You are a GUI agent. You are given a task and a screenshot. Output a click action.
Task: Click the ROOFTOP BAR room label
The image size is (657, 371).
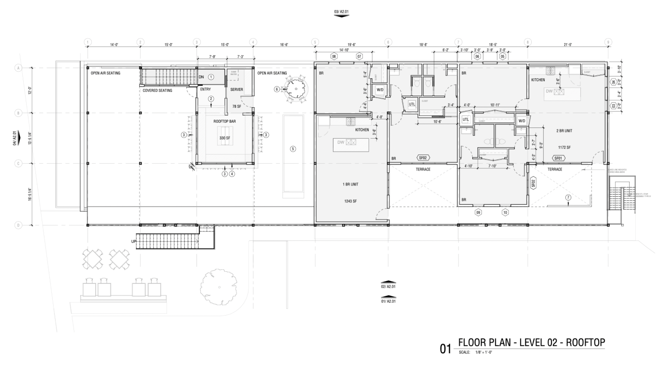point(224,122)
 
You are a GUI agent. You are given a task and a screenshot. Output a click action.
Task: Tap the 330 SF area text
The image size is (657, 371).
point(224,138)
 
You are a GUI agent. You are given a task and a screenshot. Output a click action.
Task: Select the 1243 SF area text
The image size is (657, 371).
point(350,201)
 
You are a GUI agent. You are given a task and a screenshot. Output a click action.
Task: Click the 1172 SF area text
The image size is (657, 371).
point(564,147)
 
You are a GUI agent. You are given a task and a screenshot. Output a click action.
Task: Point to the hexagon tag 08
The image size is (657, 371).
point(334,57)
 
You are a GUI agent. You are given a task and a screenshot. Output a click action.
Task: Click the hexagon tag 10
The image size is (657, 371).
point(505,212)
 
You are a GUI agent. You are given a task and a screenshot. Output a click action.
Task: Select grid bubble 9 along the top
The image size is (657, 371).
point(608,42)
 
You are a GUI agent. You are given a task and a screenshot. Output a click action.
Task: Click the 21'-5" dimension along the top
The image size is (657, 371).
point(568,45)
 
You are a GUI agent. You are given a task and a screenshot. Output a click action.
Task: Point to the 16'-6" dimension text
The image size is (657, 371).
point(284,45)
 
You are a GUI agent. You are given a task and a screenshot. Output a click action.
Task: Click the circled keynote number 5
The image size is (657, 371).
point(293,149)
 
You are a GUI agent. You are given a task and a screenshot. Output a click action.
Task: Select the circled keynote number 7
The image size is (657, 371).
point(568,197)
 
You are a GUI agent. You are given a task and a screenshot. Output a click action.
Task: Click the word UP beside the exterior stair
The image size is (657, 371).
point(133,241)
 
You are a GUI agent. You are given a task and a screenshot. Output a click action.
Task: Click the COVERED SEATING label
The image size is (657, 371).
point(157,91)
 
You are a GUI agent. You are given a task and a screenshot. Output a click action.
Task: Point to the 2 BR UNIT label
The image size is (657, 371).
point(564,131)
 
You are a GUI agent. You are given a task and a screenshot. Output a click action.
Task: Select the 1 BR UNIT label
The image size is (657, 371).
point(350,184)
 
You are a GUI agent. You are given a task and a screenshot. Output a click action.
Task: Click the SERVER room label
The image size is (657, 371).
point(236,89)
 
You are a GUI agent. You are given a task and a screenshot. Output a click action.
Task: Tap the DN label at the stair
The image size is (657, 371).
point(201,77)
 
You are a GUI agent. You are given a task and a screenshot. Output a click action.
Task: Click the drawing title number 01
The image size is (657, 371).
point(445,349)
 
